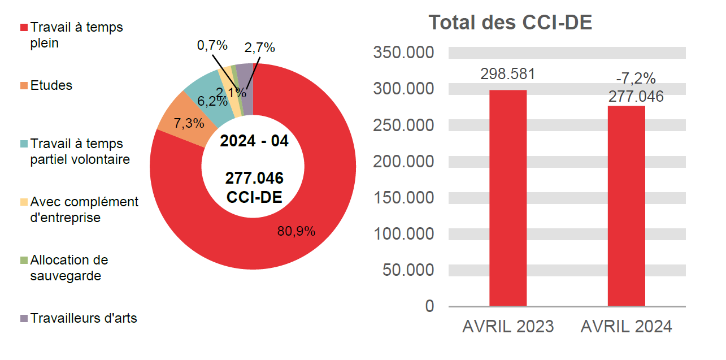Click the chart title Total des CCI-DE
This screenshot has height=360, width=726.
coord(510,23)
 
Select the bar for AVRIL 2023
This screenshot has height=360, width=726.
coord(507,198)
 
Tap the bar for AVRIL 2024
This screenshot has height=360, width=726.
coord(626,206)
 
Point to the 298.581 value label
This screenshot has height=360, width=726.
coord(507,74)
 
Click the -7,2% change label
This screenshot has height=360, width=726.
coord(636,79)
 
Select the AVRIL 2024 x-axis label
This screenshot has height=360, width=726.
coord(626,327)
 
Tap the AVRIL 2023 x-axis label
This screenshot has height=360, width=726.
coord(508,327)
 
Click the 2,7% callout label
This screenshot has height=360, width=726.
coord(259,48)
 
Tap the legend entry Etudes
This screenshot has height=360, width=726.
coord(51,86)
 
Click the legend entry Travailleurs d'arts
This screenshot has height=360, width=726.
coord(83,318)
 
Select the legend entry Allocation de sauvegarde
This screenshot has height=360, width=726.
coord(68,268)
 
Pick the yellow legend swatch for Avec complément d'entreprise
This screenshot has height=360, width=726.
coord(24,202)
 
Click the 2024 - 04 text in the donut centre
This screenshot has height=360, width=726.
coord(254,141)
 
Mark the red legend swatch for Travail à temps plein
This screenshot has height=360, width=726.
coord(24,27)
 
